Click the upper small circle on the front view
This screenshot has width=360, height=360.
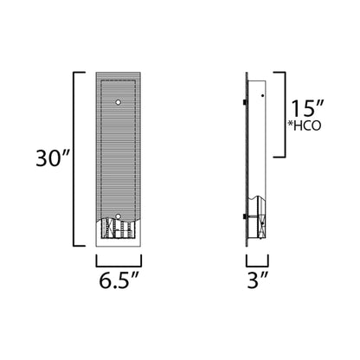118,103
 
